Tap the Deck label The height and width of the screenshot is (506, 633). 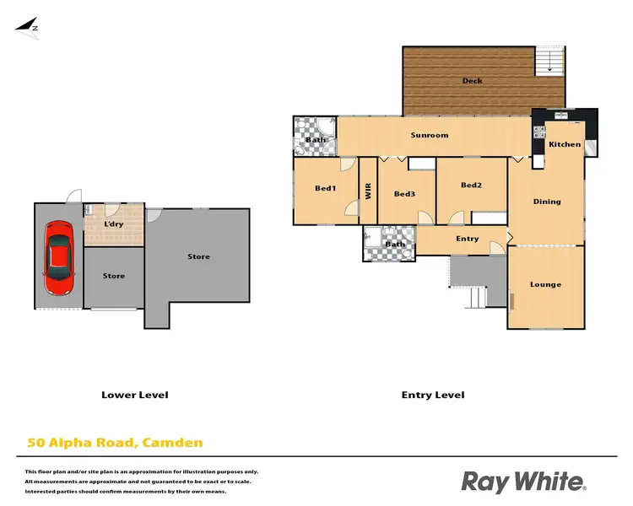[472, 81]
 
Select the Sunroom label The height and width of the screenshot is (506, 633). [429, 135]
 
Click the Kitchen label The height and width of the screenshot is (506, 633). [565, 144]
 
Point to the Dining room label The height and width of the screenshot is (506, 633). [546, 202]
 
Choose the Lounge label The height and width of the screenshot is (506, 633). [545, 284]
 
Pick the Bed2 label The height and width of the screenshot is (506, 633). [471, 186]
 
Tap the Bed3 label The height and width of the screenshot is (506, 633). [405, 194]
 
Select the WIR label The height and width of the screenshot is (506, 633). [368, 191]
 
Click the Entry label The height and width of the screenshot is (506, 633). [467, 239]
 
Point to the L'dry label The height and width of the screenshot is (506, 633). [113, 224]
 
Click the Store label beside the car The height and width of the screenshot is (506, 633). [114, 276]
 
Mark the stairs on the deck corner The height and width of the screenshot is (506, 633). [549, 59]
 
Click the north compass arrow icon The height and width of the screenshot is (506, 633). [28, 26]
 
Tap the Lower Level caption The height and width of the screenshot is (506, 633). [135, 395]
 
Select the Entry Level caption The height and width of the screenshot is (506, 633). [432, 395]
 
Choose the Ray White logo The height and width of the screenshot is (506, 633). [523, 482]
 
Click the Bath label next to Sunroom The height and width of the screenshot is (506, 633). [316, 140]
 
